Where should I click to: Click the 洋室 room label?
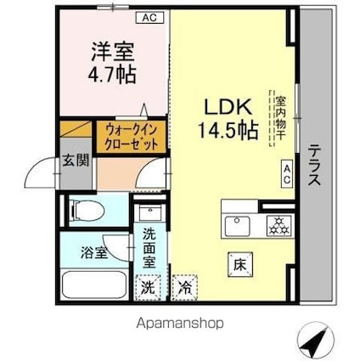110,52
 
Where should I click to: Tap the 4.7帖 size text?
110,75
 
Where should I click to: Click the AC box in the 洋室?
149,17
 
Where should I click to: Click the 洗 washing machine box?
149,286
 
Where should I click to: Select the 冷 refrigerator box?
183,286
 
